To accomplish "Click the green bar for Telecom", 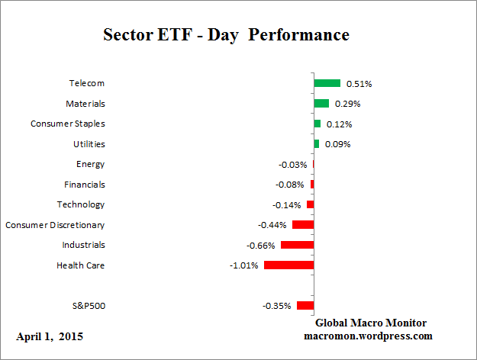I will pos(327,83).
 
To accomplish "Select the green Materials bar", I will pos(321,103).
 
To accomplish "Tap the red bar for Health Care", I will pos(288,265).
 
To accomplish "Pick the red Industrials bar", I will pos(297,245).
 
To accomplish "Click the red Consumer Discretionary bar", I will pos(302,224).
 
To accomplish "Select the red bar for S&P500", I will pos(305,305).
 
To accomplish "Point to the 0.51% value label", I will pos(359,83).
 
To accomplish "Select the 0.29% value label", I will pos(347,104).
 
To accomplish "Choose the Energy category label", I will pos(90,164).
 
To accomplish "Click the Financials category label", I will pos(84,184).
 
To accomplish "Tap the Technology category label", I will pos(81,204).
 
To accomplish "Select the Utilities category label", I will pos(89,143).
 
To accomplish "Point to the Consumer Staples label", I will pos(68,124).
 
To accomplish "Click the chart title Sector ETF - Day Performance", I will pos(226,35).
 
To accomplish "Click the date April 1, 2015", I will pos(50,336).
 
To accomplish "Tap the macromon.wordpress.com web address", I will pos(369,336).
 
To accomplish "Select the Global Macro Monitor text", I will pos(371,323).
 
